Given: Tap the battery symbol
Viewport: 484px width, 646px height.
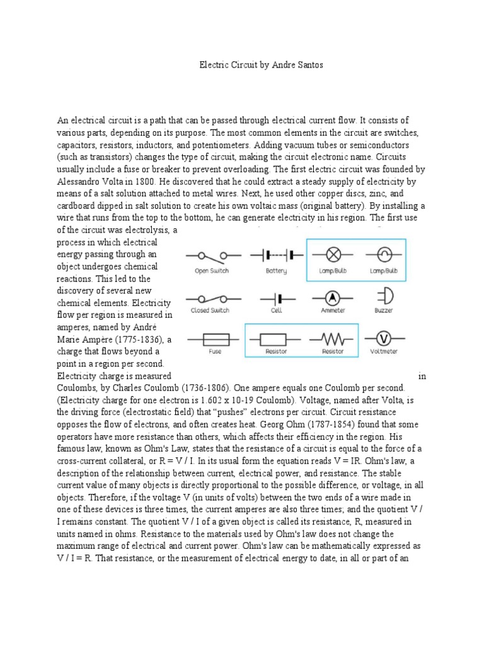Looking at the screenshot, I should pyautogui.click(x=277, y=255).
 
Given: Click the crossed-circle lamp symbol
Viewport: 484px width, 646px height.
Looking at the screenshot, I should pyautogui.click(x=333, y=255).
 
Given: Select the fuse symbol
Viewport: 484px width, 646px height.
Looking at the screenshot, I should pyautogui.click(x=216, y=338).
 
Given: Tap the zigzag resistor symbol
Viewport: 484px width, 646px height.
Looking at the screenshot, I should pyautogui.click(x=332, y=338).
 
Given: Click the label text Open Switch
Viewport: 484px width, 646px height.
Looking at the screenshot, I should pyautogui.click(x=211, y=271).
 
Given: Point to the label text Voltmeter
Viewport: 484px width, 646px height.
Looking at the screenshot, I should pyautogui.click(x=383, y=351).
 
